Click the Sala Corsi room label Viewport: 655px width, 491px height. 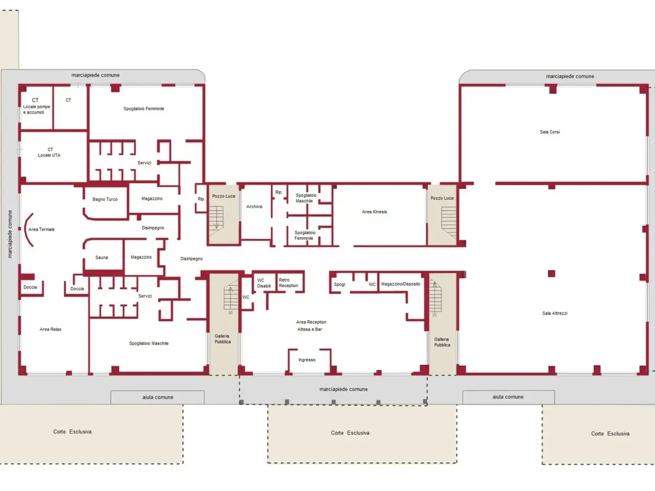pyautogui.click(x=550, y=132)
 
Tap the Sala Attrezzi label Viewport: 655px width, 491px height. pyautogui.click(x=555, y=314)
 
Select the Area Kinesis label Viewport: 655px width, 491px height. pyautogui.click(x=374, y=212)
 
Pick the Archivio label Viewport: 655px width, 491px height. pyautogui.click(x=254, y=206)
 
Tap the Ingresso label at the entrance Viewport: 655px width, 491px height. pyautogui.click(x=307, y=360)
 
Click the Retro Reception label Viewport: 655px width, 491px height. pyautogui.click(x=288, y=283)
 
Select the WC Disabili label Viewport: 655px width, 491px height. pyautogui.click(x=264, y=283)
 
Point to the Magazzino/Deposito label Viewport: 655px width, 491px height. pyautogui.click(x=401, y=284)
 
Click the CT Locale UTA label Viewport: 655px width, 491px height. pyautogui.click(x=49, y=152)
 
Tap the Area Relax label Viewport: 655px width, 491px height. pyautogui.click(x=51, y=329)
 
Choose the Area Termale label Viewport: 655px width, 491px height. pyautogui.click(x=41, y=230)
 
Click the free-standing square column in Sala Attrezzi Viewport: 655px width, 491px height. pyautogui.click(x=551, y=273)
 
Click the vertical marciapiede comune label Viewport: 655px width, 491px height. pyautogui.click(x=10, y=234)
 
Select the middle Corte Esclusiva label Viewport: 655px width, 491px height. pyautogui.click(x=350, y=433)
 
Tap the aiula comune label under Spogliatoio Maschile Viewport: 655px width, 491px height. pyautogui.click(x=158, y=397)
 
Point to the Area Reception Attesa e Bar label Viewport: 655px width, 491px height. pyautogui.click(x=311, y=326)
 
